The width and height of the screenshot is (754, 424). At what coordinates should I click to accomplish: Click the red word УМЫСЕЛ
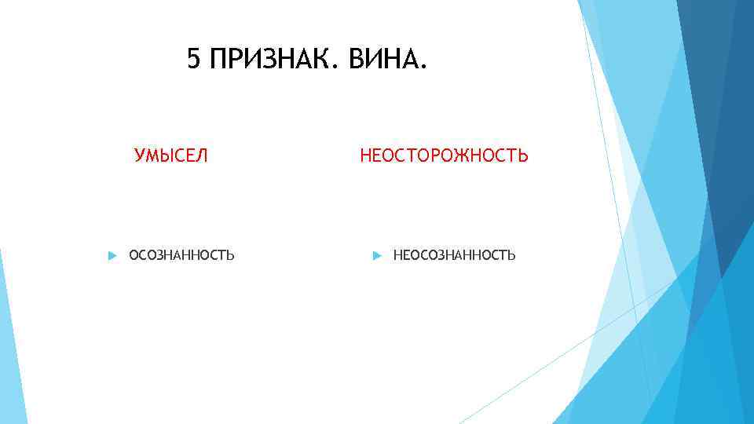(171, 155)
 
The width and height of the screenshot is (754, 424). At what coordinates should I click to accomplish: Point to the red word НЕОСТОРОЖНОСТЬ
(444, 155)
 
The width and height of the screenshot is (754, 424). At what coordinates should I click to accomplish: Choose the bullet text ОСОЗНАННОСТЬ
(181, 255)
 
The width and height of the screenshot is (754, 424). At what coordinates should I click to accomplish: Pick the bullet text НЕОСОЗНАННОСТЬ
(454, 255)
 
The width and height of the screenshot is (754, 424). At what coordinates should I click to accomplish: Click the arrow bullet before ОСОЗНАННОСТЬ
(111, 255)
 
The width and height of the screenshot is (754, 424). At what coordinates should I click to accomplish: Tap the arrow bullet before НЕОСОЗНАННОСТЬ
(376, 255)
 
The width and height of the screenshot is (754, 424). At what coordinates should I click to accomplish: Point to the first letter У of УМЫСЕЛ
(140, 155)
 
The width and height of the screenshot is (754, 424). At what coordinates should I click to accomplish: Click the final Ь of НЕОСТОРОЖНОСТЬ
(523, 155)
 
